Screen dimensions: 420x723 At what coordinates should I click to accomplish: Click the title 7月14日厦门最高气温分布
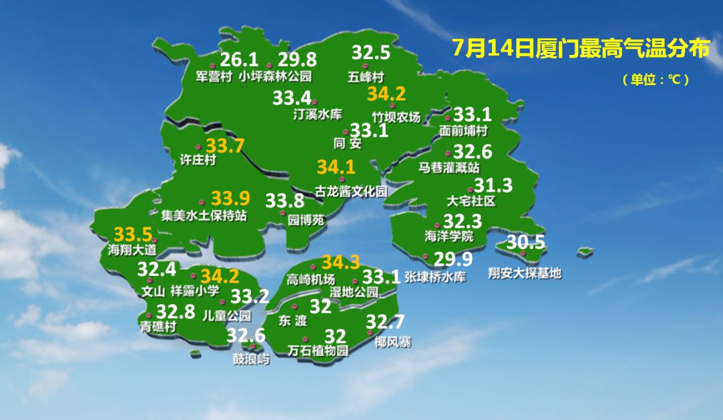[580, 48]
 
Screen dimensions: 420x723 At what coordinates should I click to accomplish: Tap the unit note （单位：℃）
[655, 80]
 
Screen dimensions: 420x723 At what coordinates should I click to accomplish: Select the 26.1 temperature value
[239, 59]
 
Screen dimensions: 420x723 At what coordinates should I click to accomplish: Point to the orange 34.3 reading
[341, 263]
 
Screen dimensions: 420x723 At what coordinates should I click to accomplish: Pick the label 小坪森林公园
[275, 76]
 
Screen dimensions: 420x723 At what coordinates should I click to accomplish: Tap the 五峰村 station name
[366, 76]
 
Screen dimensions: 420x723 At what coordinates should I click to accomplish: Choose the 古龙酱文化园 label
[351, 192]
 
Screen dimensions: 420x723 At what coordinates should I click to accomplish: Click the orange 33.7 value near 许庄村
[225, 145]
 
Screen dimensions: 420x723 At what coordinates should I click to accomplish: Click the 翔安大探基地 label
[524, 273]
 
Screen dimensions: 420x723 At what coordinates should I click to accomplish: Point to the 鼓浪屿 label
[251, 359]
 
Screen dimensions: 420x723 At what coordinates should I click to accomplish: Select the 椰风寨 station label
[393, 342]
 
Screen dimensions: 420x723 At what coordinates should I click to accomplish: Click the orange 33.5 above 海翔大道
[133, 235]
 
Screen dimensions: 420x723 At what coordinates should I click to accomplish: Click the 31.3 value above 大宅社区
[493, 186]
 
